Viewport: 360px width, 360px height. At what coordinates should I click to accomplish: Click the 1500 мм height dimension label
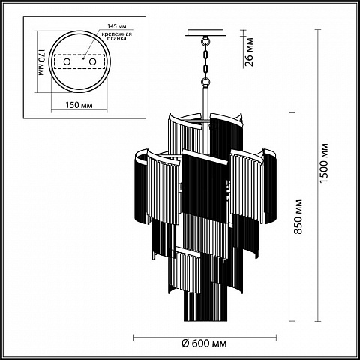click(324, 163)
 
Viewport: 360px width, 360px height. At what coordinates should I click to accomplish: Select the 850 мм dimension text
click(298, 217)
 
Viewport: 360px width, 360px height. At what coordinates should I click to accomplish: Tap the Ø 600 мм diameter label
click(204, 343)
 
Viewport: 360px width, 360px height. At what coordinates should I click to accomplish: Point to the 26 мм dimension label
click(249, 52)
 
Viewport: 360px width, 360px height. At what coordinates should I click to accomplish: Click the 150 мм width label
click(79, 105)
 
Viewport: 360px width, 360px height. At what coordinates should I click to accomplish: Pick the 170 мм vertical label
click(41, 61)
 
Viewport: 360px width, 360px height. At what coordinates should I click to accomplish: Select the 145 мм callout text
click(117, 26)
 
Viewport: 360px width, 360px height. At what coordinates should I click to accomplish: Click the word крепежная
click(117, 34)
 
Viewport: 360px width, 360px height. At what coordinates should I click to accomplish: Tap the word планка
click(117, 39)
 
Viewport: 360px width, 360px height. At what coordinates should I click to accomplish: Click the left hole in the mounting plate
click(67, 61)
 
